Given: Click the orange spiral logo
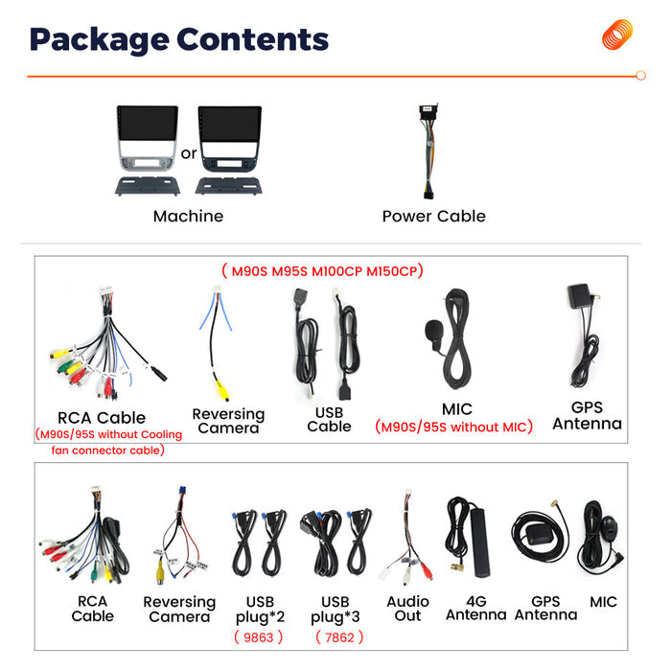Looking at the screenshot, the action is coord(617,35).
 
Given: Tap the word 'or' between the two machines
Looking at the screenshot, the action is coord(189,153).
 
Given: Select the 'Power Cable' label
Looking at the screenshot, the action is coord(434,216).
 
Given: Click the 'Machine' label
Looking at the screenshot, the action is coord(188,216).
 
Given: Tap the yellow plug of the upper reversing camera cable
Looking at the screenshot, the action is coord(222,390).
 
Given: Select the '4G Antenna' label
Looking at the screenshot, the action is coord(475,608).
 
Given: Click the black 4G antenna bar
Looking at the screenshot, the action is coord(479,543).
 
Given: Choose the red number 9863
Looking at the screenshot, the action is coord(258,637).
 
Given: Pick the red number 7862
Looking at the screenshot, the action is coord(339,637).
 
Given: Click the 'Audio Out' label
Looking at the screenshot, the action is coord(407,609).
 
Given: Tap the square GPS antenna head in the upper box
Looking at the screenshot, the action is coord(579,295).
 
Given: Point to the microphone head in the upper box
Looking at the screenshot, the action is coord(432,331).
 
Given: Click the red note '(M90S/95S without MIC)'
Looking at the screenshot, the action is coord(453,428).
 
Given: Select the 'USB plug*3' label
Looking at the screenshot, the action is coord(335,610).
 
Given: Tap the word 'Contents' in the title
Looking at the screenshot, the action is coord(252,39).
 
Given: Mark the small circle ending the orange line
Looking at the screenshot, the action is coord(640,76).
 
